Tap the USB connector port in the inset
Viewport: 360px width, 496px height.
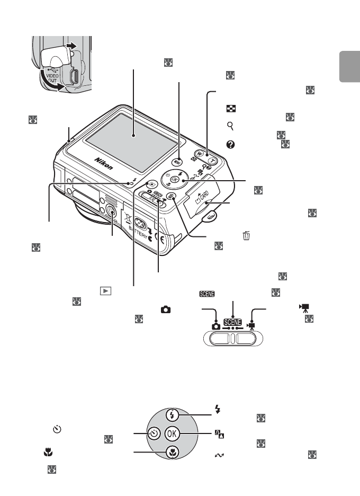[x=75, y=77]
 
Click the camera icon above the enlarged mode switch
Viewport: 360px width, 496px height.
[x=216, y=326]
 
